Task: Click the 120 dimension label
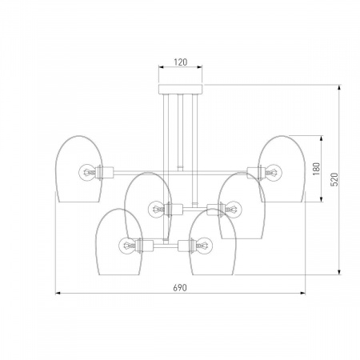181,62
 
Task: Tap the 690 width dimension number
180,288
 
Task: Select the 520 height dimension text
334,179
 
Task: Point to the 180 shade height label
316,169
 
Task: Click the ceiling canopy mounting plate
181,89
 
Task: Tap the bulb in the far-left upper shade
86,172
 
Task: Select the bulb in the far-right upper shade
274,172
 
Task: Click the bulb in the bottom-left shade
126,245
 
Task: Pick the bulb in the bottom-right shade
204,245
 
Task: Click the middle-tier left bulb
156,209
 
